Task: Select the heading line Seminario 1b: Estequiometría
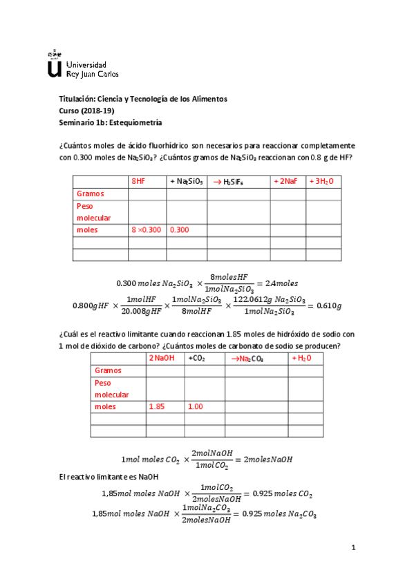tap(111, 122)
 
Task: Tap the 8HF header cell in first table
tap(138, 181)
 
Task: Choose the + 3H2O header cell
tap(321, 181)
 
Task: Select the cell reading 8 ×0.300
tap(147, 230)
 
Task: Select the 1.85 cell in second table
tap(156, 407)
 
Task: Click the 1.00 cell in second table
tap(195, 407)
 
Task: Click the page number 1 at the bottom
tap(352, 548)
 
